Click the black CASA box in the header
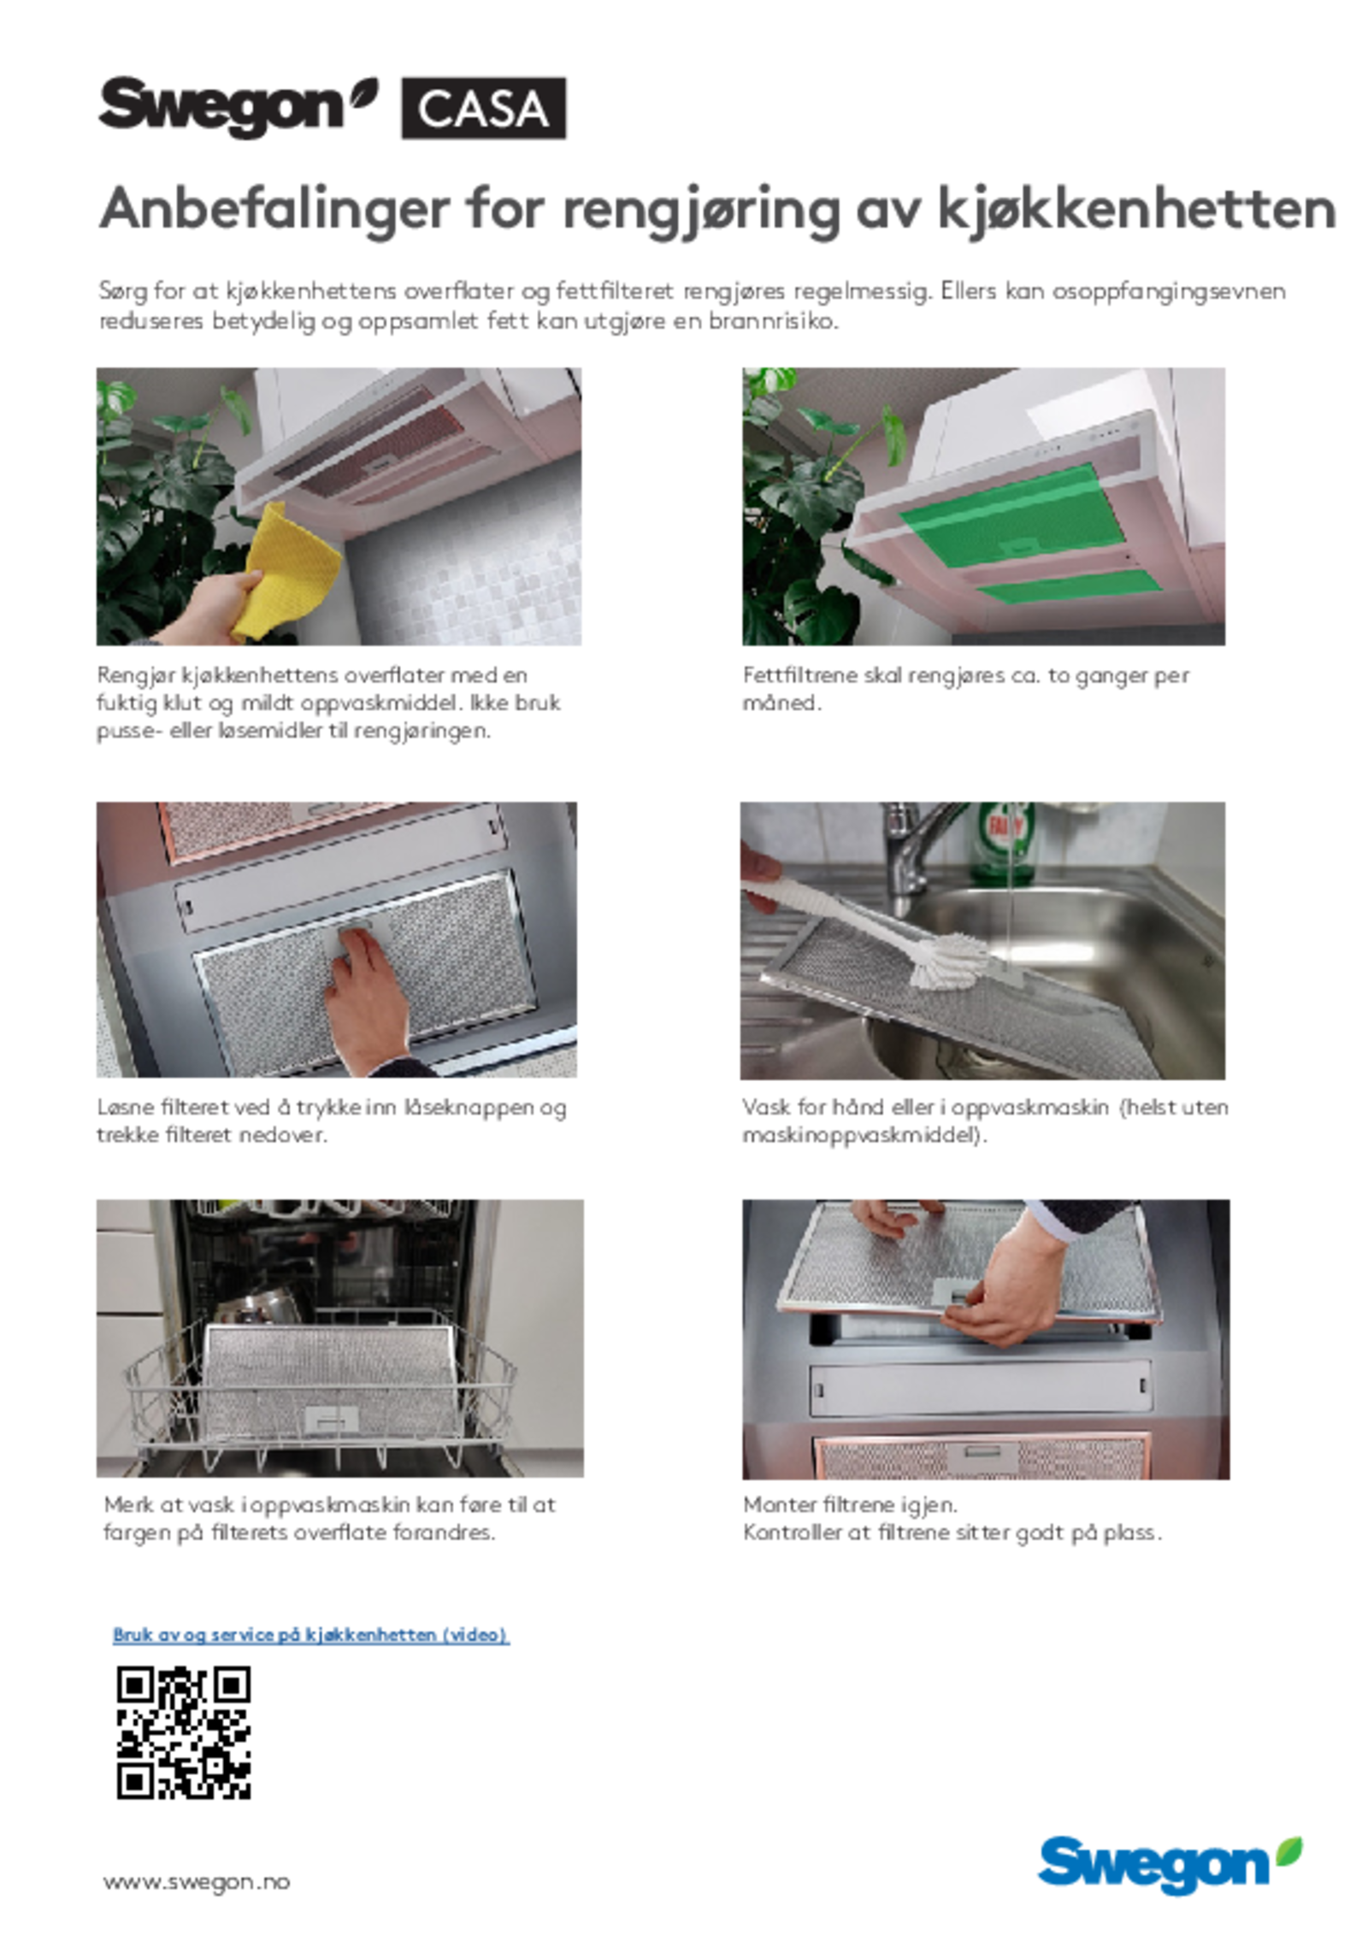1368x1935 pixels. pos(483,108)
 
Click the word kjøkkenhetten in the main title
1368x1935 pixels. pos(1136,209)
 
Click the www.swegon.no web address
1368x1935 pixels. pos(196,1881)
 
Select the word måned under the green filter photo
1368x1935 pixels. pos(781,703)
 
